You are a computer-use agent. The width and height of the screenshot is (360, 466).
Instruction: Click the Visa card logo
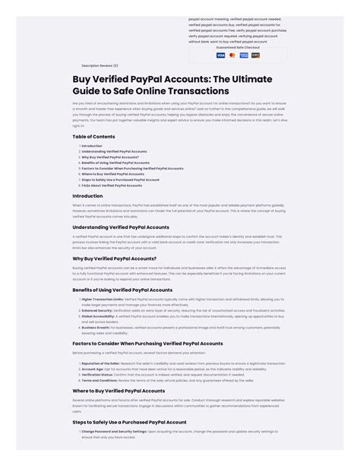pyautogui.click(x=220, y=55)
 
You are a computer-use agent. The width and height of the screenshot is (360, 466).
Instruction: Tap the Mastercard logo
pyautogui.click(x=232, y=55)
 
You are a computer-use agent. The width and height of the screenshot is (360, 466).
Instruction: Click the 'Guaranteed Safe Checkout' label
pyautogui.click(x=238, y=47)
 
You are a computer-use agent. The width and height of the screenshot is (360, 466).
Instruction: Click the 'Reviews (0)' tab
pyautogui.click(x=109, y=65)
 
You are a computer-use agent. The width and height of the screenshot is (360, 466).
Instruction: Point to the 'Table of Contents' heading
pyautogui.click(x=93, y=137)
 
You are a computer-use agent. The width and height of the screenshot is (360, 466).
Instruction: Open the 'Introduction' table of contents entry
pyautogui.click(x=92, y=146)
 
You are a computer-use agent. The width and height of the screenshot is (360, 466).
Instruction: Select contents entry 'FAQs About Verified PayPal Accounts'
pyautogui.click(x=112, y=185)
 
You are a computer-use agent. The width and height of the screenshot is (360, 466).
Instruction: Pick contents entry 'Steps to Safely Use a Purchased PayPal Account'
pyautogui.click(x=120, y=179)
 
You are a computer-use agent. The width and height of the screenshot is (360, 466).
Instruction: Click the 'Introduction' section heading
pyautogui.click(x=87, y=195)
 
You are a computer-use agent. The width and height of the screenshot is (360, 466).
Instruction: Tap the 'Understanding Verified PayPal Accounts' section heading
pyautogui.click(x=121, y=227)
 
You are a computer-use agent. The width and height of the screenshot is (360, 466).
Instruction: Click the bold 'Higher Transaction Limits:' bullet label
pyautogui.click(x=102, y=300)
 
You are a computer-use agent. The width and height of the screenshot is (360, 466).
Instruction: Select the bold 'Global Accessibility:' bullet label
pyautogui.click(x=98, y=315)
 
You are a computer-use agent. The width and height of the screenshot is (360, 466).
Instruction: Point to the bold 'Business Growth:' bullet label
pyautogui.click(x=96, y=327)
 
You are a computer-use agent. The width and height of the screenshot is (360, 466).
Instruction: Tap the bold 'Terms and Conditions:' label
pyautogui.click(x=99, y=379)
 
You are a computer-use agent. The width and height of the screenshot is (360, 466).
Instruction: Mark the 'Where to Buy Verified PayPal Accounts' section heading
pyautogui.click(x=118, y=391)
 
